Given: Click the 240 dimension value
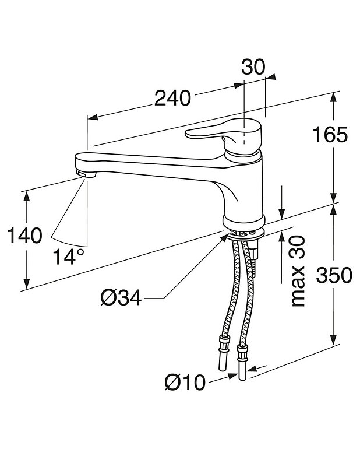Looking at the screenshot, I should (x=172, y=99).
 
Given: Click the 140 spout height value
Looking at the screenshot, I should (x=24, y=236).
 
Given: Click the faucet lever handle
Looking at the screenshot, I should (x=216, y=135).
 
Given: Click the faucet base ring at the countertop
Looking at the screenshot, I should (x=243, y=222).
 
